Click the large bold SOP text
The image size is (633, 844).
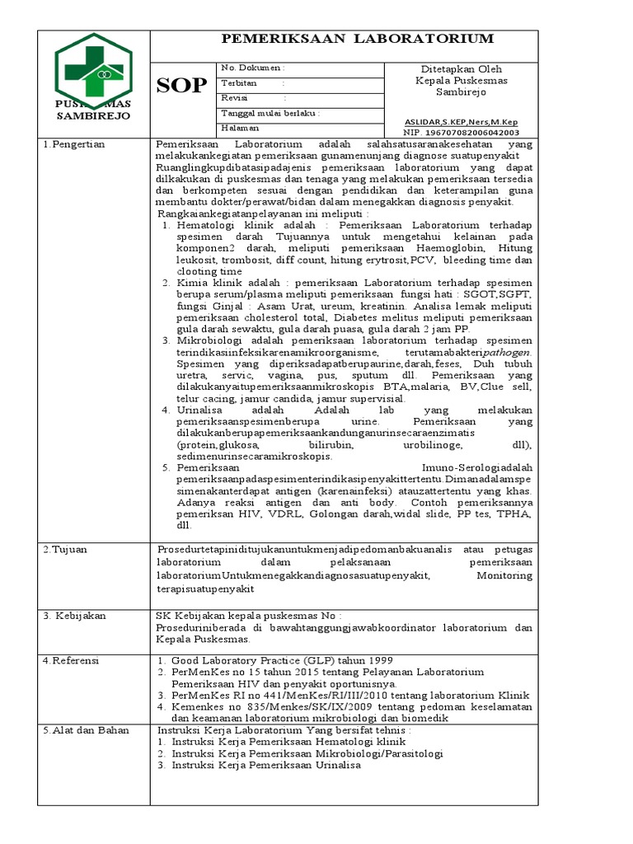(x=181, y=85)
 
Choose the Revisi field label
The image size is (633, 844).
(x=234, y=98)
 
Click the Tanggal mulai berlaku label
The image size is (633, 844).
(x=270, y=113)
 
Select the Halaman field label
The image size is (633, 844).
(x=240, y=129)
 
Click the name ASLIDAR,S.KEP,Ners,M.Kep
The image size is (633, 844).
(x=461, y=121)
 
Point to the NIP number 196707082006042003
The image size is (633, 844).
(x=461, y=132)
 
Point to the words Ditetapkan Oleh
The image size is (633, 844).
(x=461, y=69)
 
